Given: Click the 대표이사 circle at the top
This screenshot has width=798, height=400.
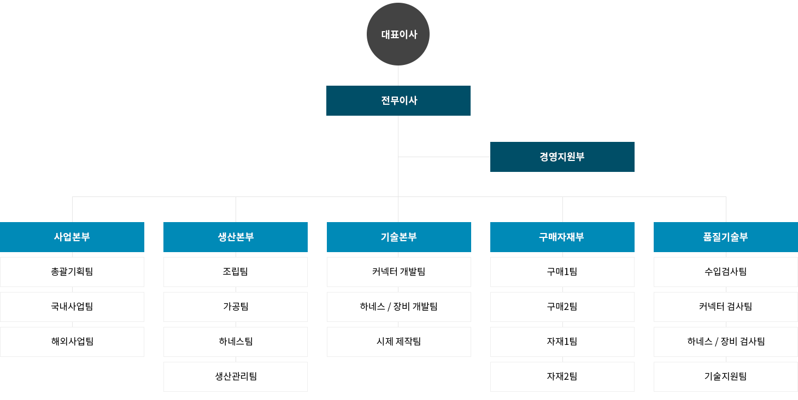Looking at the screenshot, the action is [398, 34].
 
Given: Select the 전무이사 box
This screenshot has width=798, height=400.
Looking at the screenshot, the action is [398, 100].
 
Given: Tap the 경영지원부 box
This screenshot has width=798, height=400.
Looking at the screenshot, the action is [562, 157].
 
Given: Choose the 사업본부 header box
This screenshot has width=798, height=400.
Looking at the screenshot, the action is [72, 237].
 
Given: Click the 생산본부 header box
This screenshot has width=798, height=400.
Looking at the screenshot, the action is [236, 237].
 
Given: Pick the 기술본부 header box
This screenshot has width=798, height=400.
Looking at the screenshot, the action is [398, 237].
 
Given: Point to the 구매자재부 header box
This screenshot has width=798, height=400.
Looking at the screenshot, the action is [562, 237].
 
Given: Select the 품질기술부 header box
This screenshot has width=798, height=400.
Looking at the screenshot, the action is [726, 237].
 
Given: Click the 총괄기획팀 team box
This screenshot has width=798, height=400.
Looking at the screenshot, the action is [72, 272].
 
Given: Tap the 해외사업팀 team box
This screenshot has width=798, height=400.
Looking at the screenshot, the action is [72, 342].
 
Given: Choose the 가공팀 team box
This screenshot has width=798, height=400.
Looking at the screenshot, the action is [236, 307].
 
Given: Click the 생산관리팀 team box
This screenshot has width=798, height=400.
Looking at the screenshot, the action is [236, 377].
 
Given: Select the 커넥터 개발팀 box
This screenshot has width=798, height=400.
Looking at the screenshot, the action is [398, 272].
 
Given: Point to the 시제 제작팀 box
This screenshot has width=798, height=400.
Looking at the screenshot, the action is [398, 342].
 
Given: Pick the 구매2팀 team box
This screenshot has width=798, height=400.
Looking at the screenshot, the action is [562, 307].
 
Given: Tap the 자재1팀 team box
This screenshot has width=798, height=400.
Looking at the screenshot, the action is [562, 342].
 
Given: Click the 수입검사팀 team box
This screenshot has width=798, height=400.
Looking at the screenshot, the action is [726, 272].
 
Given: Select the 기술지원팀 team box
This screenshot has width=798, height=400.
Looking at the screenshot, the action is [726, 377].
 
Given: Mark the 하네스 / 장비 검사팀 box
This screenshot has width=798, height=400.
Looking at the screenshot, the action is [726, 342].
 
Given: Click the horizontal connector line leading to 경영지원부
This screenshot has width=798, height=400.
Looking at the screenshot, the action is [444, 157].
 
